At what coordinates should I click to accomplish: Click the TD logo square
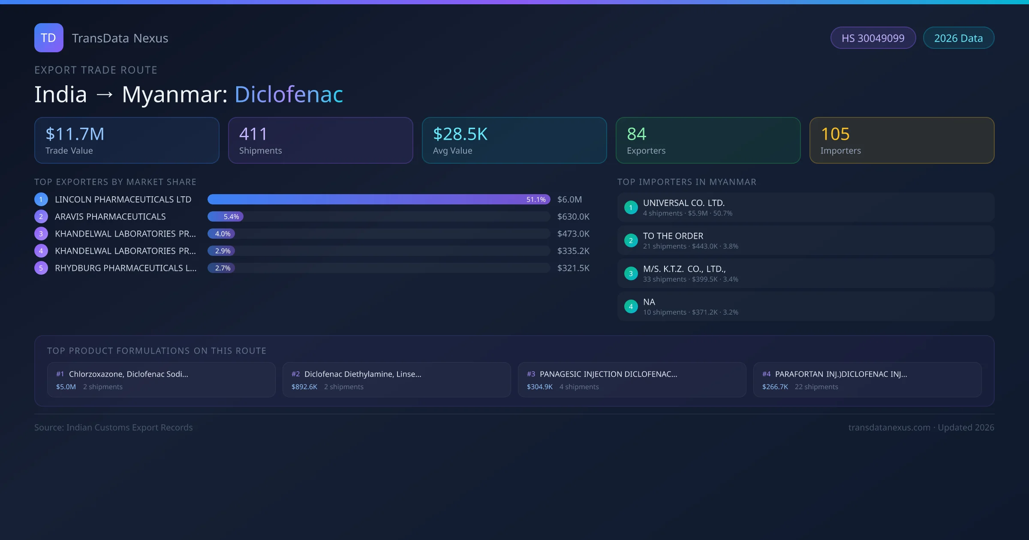coord(49,38)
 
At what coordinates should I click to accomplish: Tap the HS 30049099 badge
coord(873,38)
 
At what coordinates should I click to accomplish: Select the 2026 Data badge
coord(958,38)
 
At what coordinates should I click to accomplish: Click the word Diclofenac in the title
coord(289,94)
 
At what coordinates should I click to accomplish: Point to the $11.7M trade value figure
coord(75,134)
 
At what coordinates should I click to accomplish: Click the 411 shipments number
coord(253,134)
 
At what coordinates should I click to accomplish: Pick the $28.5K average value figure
coord(460,134)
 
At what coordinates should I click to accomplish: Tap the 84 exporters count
coord(637,134)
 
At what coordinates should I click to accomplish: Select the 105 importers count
coord(835,134)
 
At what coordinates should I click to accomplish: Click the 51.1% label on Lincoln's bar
coord(536,200)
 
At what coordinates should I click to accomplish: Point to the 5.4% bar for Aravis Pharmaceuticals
coord(226,217)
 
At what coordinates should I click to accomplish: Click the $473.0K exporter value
coord(573,234)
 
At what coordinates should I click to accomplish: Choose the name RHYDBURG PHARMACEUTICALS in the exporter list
coord(126,268)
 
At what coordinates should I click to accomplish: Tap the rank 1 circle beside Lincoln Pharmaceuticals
coord(41,200)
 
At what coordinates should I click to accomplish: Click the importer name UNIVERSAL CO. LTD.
coord(684,203)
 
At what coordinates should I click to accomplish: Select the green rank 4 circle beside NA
coord(631,306)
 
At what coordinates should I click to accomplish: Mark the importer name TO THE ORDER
coord(673,236)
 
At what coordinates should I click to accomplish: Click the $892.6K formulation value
coord(304,387)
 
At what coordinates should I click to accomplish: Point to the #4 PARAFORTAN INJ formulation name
coord(841,374)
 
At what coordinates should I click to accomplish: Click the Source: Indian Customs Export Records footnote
coord(114,428)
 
